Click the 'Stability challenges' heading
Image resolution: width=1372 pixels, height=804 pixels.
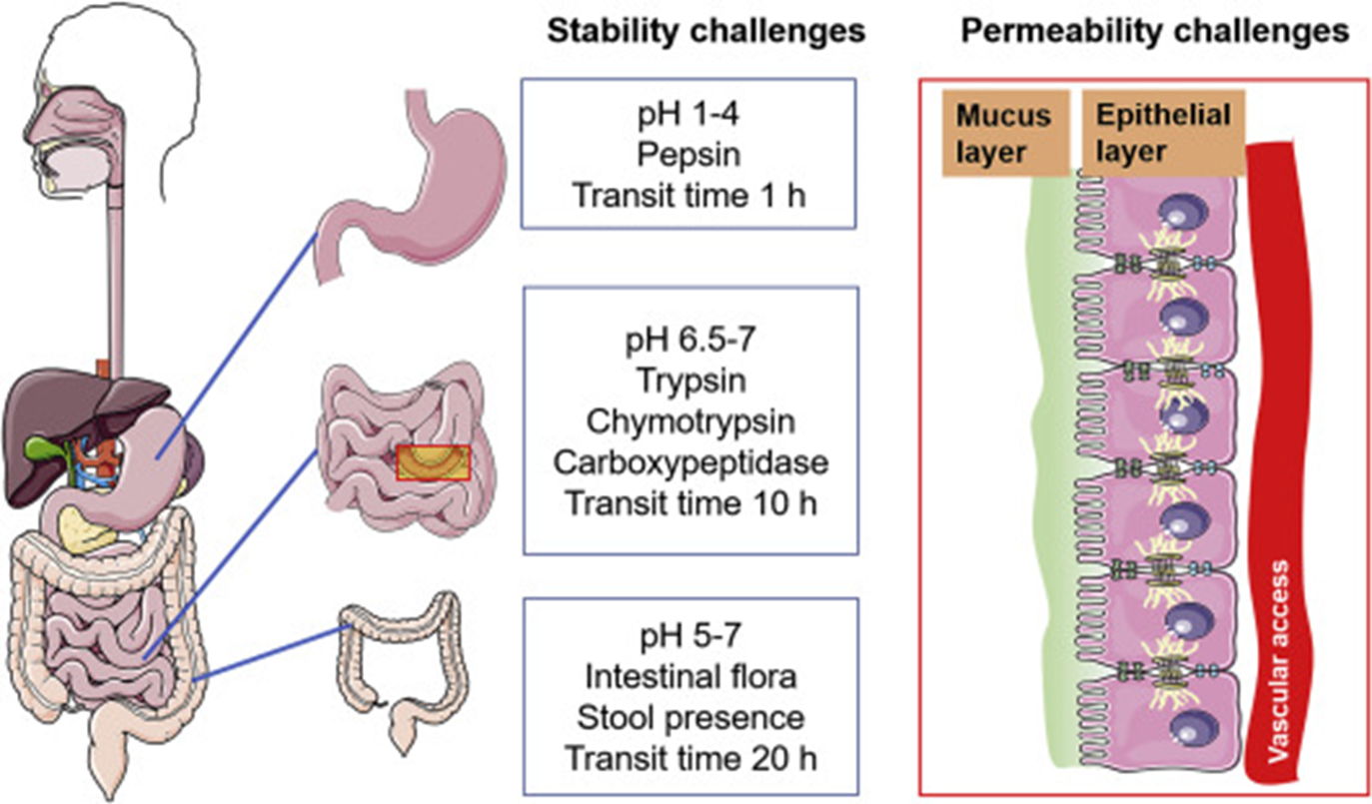pos(704,32)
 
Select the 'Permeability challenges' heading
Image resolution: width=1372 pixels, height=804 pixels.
pos(1154,32)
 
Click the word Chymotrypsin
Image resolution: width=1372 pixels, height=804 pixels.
pos(690,421)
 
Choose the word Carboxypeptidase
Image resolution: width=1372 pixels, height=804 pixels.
pos(690,462)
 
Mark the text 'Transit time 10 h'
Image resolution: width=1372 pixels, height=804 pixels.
pos(690,502)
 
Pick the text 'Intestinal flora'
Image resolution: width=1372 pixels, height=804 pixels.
pos(690,677)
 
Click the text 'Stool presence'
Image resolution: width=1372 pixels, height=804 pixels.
pos(690,717)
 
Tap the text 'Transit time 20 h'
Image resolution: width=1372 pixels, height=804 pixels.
pos(690,758)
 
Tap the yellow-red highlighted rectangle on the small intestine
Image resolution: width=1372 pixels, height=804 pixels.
pos(434,462)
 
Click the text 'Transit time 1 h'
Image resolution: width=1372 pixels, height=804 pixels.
pos(688,194)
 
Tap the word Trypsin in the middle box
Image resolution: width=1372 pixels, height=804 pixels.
pos(690,382)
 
